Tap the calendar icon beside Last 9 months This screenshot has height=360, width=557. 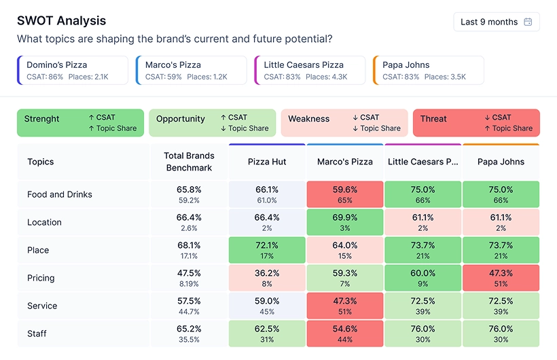pos(528,22)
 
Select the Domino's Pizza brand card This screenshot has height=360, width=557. pos(73,71)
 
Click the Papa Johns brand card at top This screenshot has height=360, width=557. pos(429,71)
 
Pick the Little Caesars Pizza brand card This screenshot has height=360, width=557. pos(310,71)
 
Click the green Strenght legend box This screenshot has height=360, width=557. pos(80,123)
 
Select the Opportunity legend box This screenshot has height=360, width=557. pos(212,123)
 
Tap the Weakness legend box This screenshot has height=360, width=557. pos(344,123)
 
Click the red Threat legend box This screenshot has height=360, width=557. pos(475,123)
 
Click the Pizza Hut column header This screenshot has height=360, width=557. pos(267,162)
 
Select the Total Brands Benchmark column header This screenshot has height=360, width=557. pos(189,162)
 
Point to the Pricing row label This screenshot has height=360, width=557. pos(41,278)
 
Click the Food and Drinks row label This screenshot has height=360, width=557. pos(60,194)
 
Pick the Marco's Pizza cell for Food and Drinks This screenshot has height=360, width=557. pos(345,194)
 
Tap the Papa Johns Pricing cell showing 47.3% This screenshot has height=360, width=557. pos(501,278)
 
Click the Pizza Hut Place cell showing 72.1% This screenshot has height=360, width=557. pos(267,250)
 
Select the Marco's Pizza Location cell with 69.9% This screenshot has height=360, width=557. pos(345,222)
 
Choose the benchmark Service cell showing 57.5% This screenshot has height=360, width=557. pos(189,306)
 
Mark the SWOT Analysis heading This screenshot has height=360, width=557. pos(61,22)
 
